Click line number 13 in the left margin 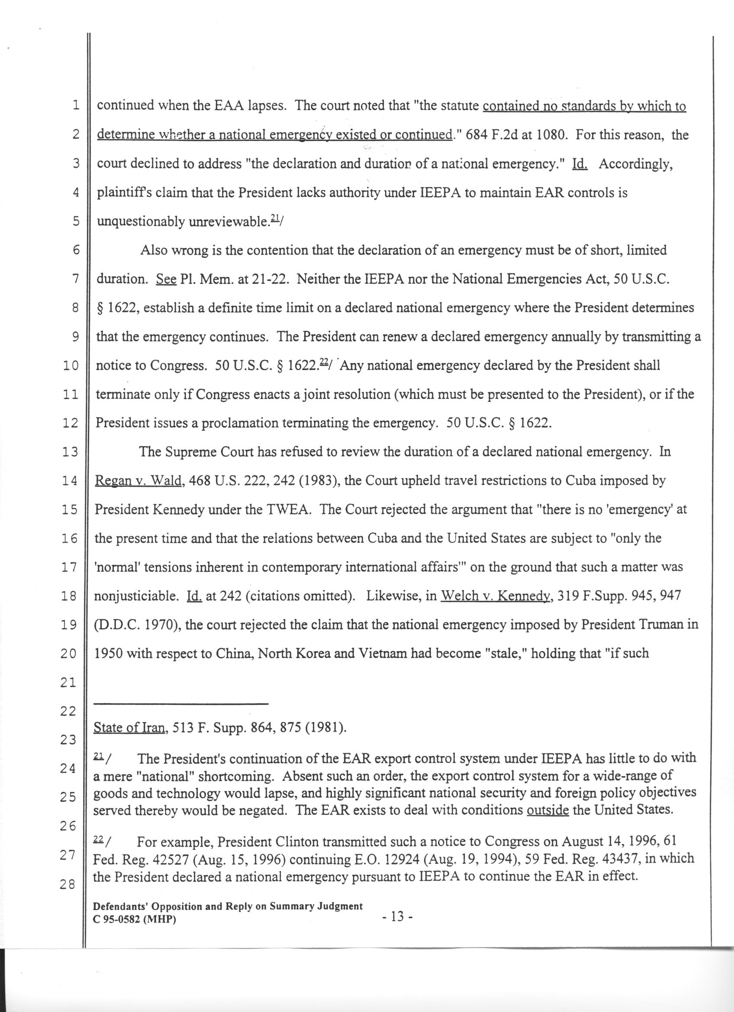[70, 453]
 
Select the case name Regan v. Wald [138, 481]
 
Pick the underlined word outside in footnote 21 [547, 810]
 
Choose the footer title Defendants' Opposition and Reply [228, 906]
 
